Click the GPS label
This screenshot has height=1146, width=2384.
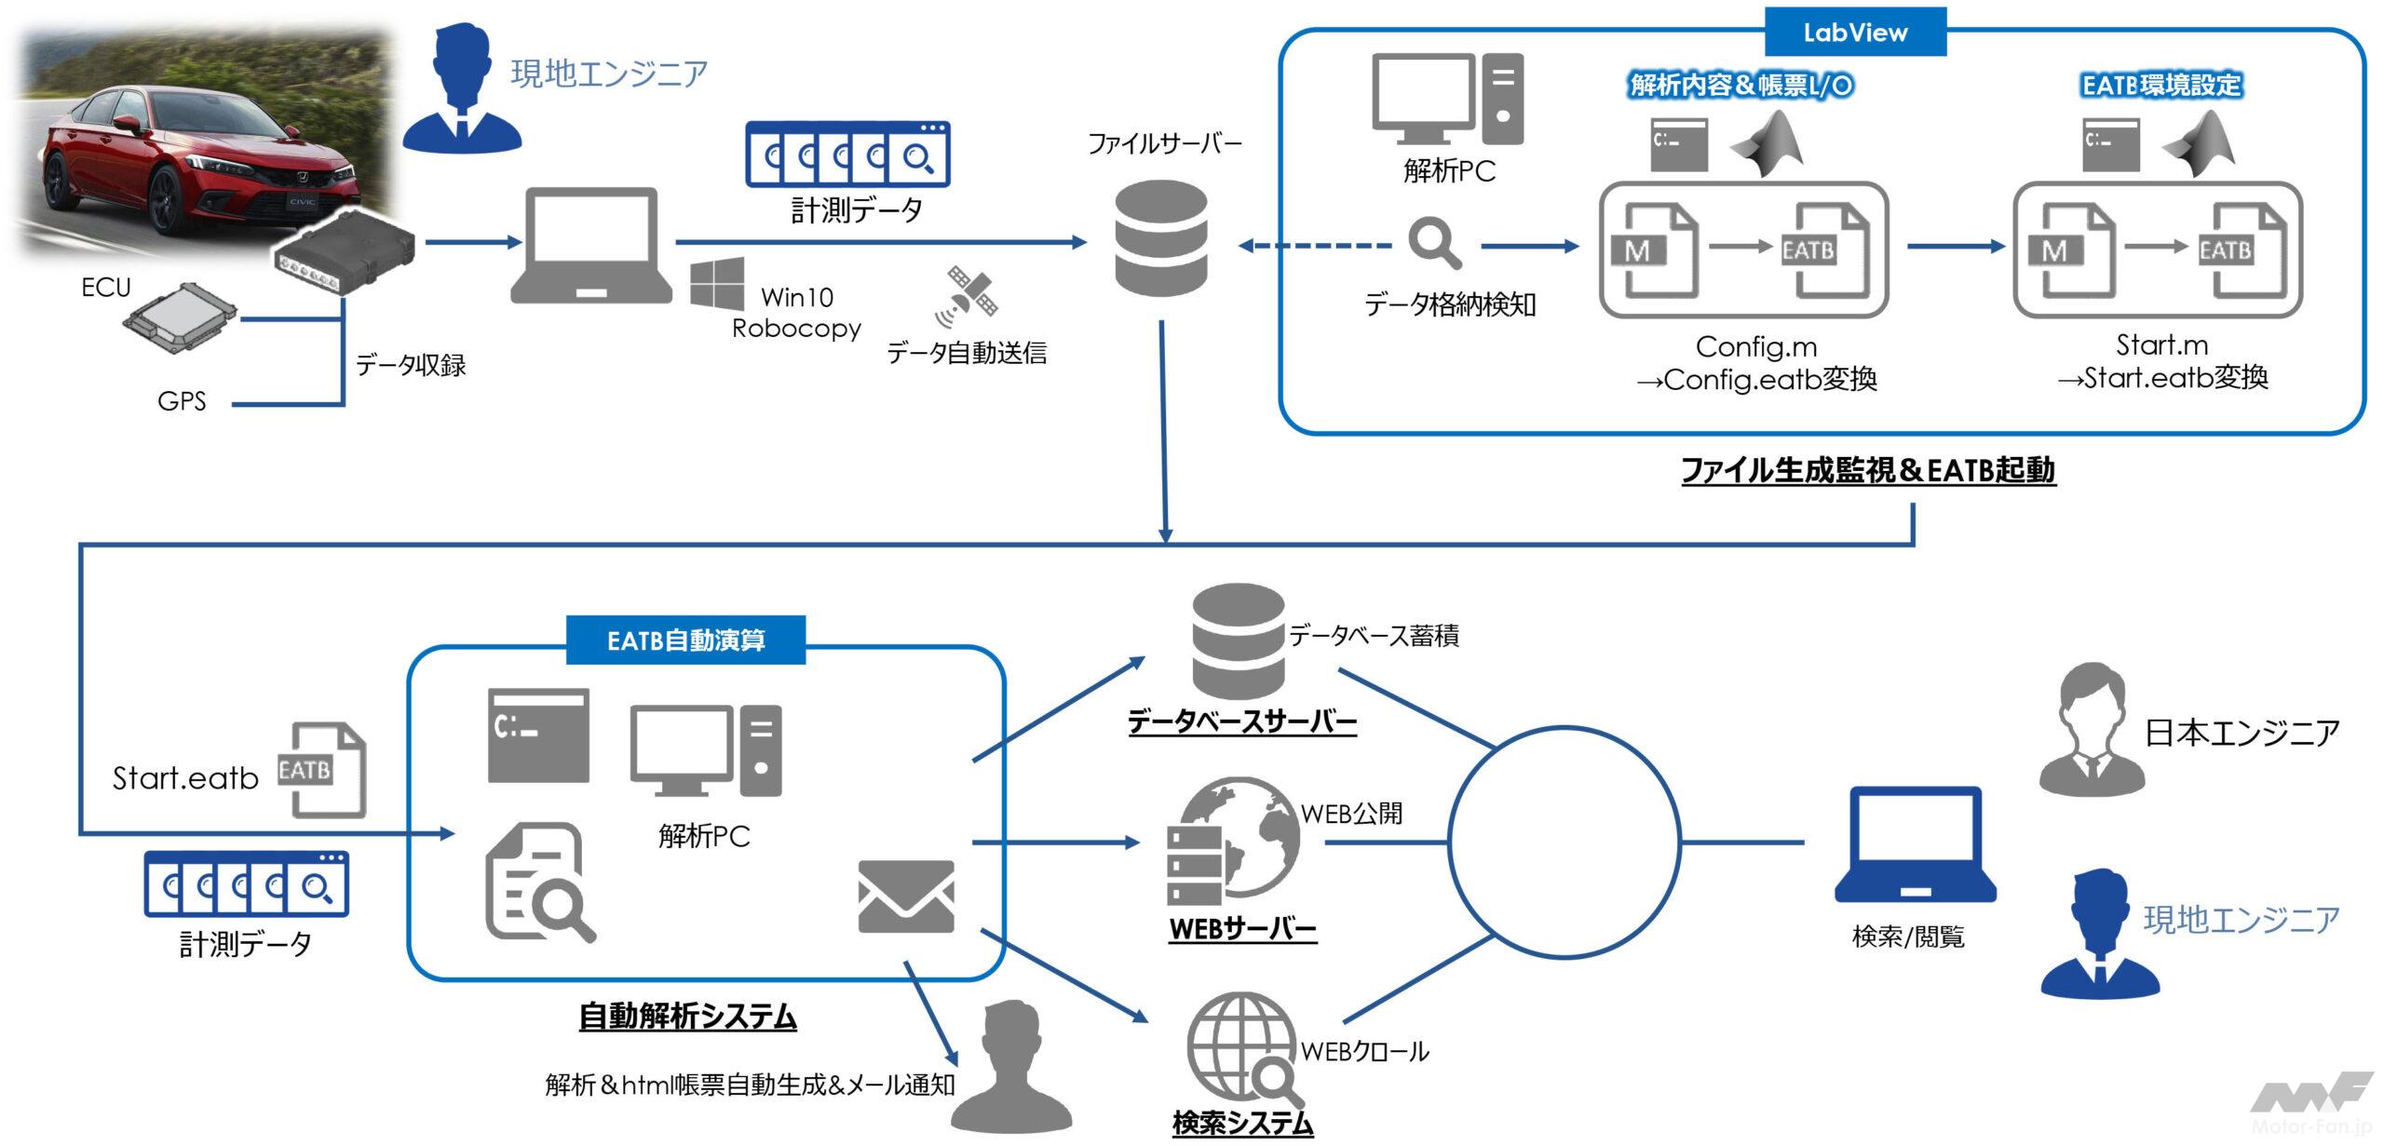click(x=182, y=401)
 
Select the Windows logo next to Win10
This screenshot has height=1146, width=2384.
click(x=717, y=284)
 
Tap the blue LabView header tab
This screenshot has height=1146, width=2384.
click(x=1855, y=33)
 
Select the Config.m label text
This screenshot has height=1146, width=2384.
click(x=1756, y=347)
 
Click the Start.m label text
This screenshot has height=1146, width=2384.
click(x=2161, y=345)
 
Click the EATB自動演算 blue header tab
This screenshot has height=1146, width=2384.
click(x=685, y=640)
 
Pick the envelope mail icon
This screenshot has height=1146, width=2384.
click(x=905, y=896)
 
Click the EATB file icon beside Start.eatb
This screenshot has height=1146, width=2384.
click(x=322, y=770)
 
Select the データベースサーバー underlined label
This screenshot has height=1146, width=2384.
click(x=1241, y=722)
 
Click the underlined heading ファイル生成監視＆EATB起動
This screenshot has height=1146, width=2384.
click(x=1868, y=471)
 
